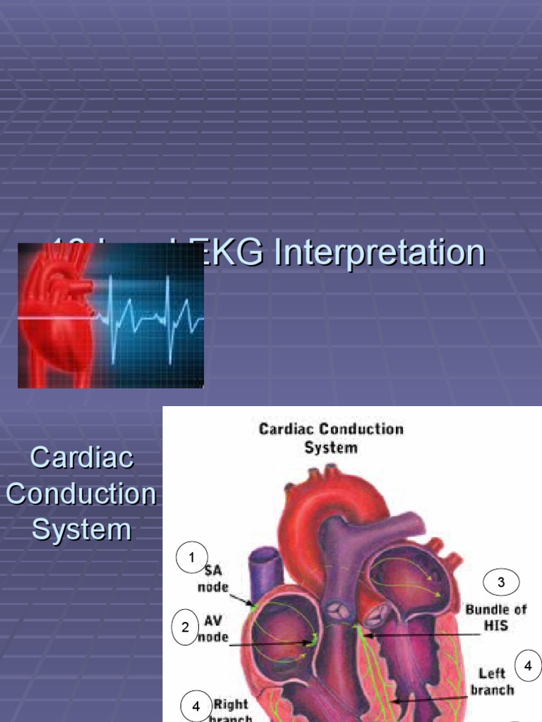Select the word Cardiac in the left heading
click(x=82, y=458)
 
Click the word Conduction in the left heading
click(x=81, y=494)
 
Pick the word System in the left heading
click(x=82, y=530)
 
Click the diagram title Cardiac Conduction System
click(x=331, y=437)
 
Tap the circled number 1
click(x=191, y=559)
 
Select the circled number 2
click(x=186, y=627)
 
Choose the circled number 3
click(x=501, y=582)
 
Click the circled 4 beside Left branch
click(x=527, y=665)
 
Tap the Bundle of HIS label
click(x=495, y=617)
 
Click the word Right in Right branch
click(x=231, y=704)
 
